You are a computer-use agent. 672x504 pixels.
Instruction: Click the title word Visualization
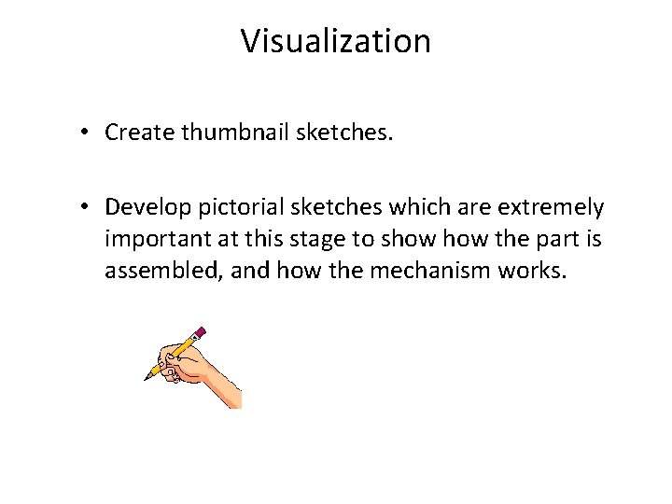click(x=336, y=42)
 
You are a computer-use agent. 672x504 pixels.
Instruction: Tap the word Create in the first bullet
click(x=140, y=133)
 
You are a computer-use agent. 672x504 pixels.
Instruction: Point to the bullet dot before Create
click(x=84, y=133)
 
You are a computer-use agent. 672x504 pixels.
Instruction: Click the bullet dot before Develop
click(x=84, y=205)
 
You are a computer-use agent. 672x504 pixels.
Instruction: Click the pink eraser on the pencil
click(x=200, y=331)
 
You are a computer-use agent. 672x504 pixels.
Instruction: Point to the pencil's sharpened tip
click(x=147, y=378)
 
